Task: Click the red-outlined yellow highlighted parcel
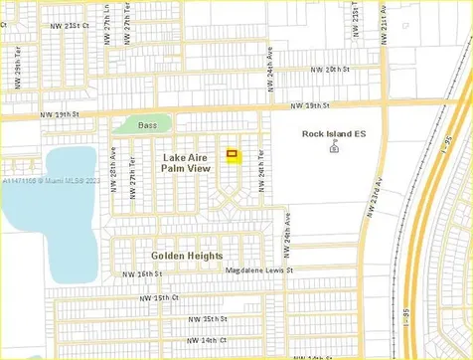[234, 154]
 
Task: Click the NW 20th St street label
[330, 70]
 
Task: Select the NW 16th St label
[142, 274]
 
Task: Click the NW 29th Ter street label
[19, 74]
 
